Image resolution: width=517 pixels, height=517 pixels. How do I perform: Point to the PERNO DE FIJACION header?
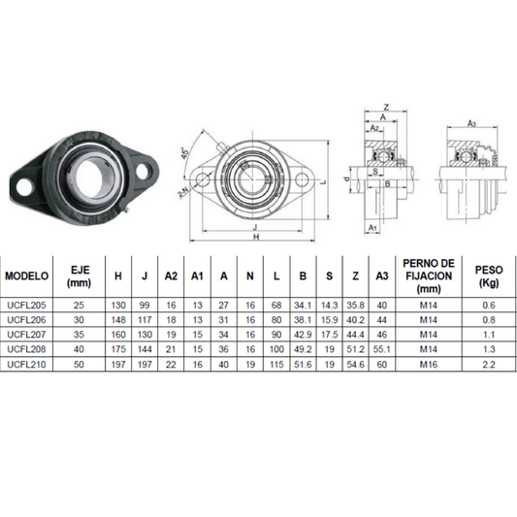427,275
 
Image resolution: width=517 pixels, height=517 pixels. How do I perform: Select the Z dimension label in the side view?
385,107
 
